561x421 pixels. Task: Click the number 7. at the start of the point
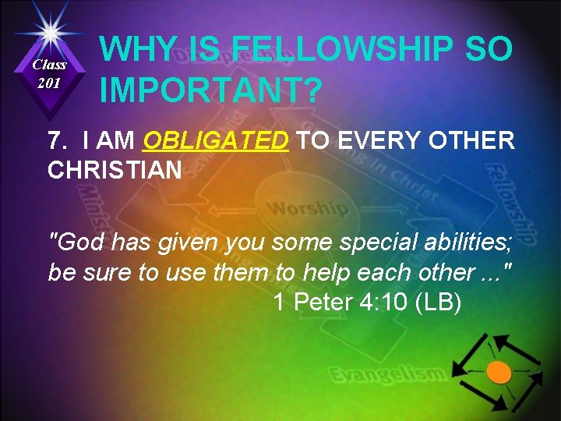(x=57, y=141)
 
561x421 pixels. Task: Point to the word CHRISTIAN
(x=115, y=169)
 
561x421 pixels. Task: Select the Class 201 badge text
(x=49, y=73)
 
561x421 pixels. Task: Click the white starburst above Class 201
(x=49, y=34)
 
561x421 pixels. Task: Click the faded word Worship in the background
(x=309, y=209)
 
